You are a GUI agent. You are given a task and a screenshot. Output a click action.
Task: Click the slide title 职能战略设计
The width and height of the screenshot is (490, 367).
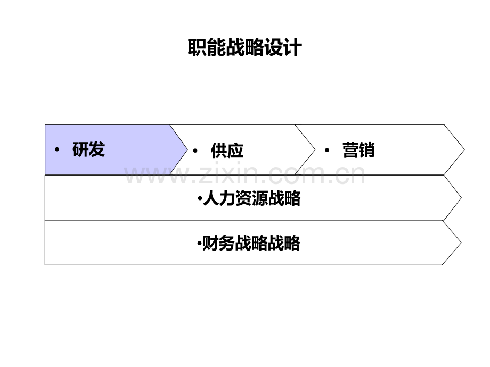[x=244, y=48]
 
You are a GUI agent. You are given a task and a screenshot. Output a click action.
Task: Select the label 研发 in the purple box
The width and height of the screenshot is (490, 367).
[x=88, y=149]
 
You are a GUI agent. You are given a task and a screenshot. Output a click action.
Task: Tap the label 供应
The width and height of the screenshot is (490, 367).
[x=227, y=151]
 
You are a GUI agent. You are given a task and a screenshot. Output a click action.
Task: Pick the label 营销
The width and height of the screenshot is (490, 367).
[x=358, y=150]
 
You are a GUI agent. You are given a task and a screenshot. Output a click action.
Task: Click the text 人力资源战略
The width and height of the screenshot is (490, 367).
[x=252, y=198]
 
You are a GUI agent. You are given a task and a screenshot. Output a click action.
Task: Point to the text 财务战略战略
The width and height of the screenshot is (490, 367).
[x=251, y=244]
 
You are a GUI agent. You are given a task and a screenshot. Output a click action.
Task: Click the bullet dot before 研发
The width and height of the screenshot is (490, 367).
[x=57, y=150]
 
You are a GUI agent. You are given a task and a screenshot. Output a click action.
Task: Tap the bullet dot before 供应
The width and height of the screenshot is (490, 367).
[x=195, y=151]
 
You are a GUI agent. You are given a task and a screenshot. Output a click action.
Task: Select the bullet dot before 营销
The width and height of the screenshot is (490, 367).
[x=327, y=151]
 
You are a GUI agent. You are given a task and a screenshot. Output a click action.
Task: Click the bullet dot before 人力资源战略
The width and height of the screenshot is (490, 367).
[x=200, y=198]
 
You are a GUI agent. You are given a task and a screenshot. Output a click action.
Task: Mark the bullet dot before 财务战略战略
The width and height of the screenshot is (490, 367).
[x=199, y=243]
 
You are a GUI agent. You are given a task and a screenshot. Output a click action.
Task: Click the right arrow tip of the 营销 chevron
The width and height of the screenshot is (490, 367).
[x=464, y=150]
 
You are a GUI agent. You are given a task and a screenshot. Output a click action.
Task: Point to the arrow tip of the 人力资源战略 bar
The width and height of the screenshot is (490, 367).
[x=461, y=197]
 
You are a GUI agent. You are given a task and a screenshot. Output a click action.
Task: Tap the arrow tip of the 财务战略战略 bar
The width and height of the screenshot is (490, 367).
[x=461, y=243]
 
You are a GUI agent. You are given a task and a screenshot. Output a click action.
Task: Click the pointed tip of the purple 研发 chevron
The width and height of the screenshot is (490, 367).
[x=187, y=150]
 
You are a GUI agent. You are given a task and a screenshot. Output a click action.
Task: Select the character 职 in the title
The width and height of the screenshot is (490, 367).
[x=197, y=48]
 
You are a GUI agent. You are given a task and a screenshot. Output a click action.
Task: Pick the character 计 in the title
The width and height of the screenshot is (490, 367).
[x=293, y=48]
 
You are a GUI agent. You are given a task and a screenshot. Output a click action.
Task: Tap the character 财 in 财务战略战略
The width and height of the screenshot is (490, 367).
[x=210, y=244]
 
